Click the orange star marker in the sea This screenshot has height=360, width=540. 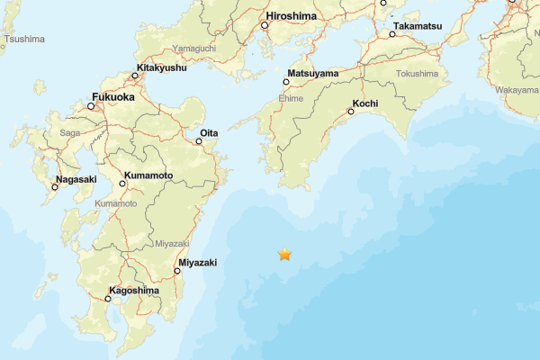(285, 255)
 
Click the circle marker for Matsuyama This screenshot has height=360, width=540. (286, 82)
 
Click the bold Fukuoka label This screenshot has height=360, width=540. (113, 95)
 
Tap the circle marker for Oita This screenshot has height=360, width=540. (199, 141)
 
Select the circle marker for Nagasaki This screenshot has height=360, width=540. (55, 187)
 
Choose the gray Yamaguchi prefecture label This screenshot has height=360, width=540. (193, 47)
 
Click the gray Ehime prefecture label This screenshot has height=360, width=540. (291, 98)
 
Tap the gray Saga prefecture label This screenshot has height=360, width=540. (69, 132)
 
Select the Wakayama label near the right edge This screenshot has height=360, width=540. (517, 90)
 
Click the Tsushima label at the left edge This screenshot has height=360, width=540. (23, 40)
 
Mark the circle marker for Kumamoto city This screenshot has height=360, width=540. (122, 184)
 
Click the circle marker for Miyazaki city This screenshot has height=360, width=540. (176, 270)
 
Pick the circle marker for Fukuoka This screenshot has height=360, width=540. (90, 106)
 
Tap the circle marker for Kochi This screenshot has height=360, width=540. (351, 112)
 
